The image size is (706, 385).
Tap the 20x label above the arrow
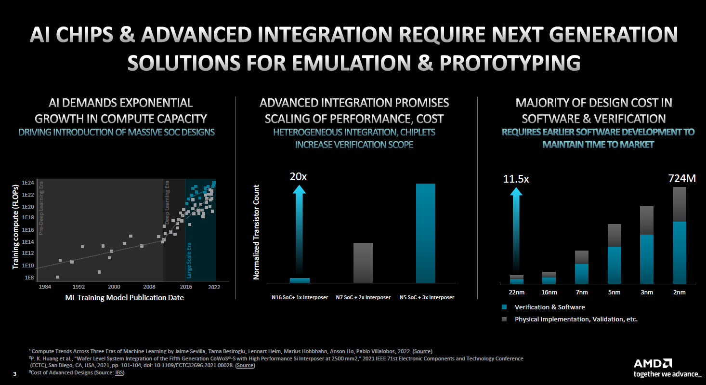(x=298, y=177)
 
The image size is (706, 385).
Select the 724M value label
(x=682, y=179)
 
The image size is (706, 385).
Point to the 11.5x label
(x=516, y=179)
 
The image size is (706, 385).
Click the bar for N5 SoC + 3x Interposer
(x=425, y=233)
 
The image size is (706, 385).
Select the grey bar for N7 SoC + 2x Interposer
(x=363, y=263)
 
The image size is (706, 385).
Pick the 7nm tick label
(x=582, y=292)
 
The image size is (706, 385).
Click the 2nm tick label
(x=680, y=292)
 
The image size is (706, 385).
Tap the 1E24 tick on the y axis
(x=27, y=183)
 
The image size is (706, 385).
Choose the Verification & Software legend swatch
(x=504, y=307)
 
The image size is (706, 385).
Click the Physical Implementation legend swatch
(x=504, y=319)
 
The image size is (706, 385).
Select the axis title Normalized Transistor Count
(x=256, y=232)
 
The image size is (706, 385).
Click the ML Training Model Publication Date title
(x=124, y=298)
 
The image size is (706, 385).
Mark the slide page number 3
(x=14, y=373)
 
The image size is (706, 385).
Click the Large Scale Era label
(x=189, y=260)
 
